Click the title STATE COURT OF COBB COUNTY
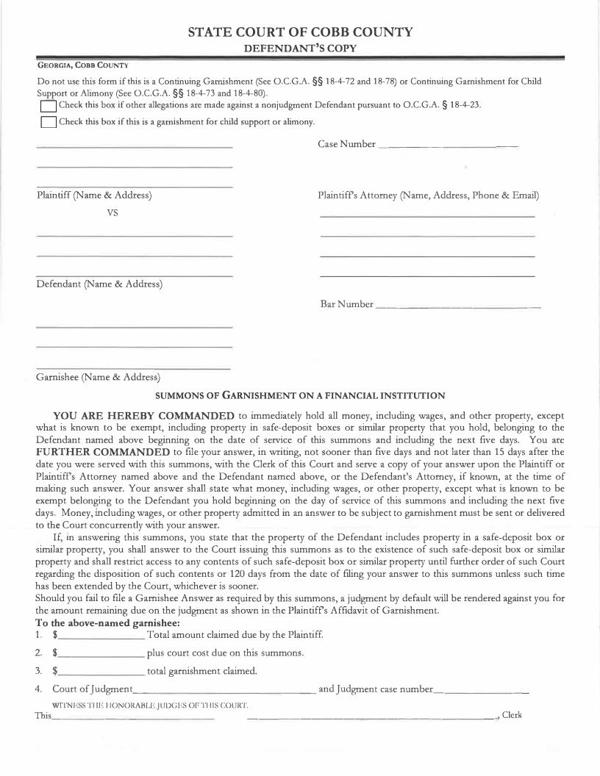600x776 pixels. tap(300, 32)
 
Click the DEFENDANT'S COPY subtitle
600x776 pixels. tap(300, 48)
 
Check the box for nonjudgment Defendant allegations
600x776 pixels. tap(48, 106)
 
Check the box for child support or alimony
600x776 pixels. tap(48, 122)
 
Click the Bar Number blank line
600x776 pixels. tap(457, 305)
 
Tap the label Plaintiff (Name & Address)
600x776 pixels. tap(94, 195)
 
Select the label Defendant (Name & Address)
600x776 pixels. tap(99, 284)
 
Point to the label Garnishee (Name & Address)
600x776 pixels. tap(98, 377)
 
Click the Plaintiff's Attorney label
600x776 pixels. tap(428, 195)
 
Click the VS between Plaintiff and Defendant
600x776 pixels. tap(113, 212)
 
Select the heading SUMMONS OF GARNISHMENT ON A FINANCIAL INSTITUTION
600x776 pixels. tap(300, 395)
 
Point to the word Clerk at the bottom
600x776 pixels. tap(512, 715)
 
